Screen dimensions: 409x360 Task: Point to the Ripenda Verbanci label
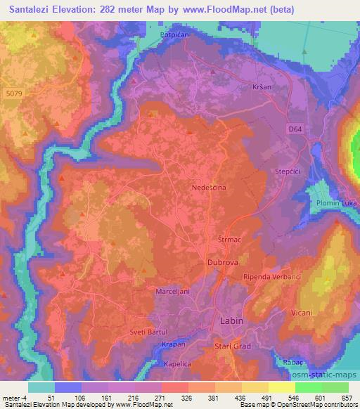coord(271,277)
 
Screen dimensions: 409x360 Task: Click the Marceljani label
coord(172,290)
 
